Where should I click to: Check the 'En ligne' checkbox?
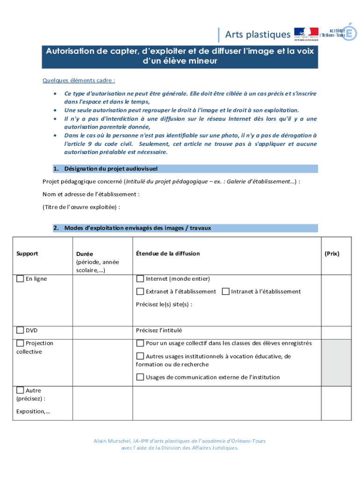[20, 279]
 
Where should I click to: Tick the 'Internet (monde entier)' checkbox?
[140, 279]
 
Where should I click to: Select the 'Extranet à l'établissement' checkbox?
[140, 291]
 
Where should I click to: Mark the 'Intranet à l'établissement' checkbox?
[226, 291]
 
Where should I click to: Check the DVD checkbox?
[20, 330]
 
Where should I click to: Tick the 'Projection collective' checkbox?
[20, 343]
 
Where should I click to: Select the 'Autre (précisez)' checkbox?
[20, 390]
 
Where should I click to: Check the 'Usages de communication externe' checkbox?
[140, 377]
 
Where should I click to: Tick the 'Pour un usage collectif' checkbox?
[140, 343]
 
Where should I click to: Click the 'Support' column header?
[27, 254]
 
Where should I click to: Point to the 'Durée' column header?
[84, 254]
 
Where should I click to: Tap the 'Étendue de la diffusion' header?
[168, 254]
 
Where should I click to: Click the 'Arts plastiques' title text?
[258, 35]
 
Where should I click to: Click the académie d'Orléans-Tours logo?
[338, 33]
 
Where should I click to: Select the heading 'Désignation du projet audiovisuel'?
[111, 168]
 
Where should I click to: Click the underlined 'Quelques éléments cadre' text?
[79, 80]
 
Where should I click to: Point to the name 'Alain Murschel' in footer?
[112, 441]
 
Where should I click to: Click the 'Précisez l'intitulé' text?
[159, 330]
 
